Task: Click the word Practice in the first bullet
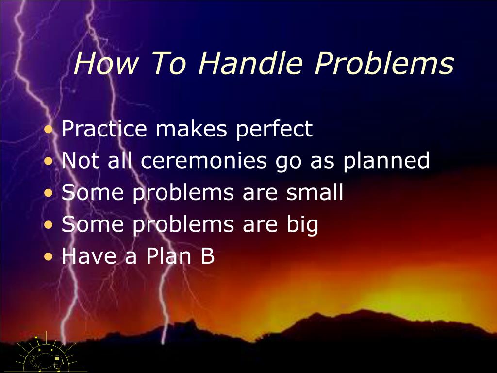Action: coord(104,129)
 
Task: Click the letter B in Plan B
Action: coord(208,257)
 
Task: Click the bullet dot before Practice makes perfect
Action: coord(49,130)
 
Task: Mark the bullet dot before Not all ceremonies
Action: coord(49,162)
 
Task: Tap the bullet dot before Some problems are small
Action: coord(49,194)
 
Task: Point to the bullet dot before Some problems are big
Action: coord(49,226)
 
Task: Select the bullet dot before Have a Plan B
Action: coord(49,258)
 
